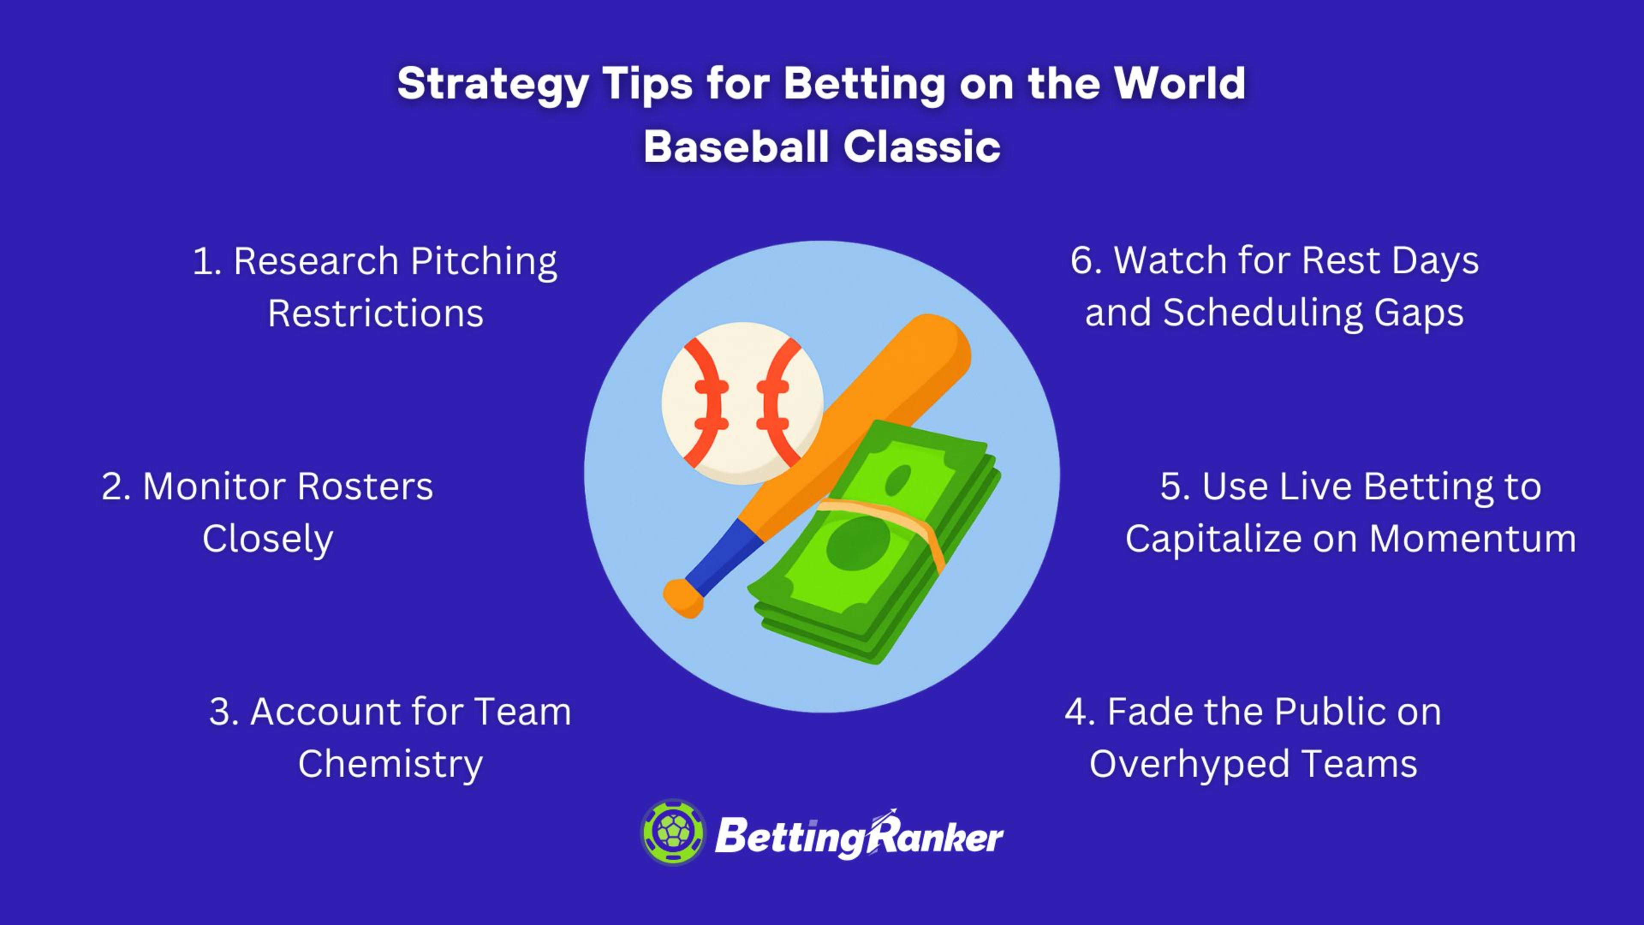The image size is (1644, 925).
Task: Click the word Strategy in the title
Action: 493,85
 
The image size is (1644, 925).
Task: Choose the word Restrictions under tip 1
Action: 375,314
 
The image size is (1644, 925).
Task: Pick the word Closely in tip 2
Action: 268,540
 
